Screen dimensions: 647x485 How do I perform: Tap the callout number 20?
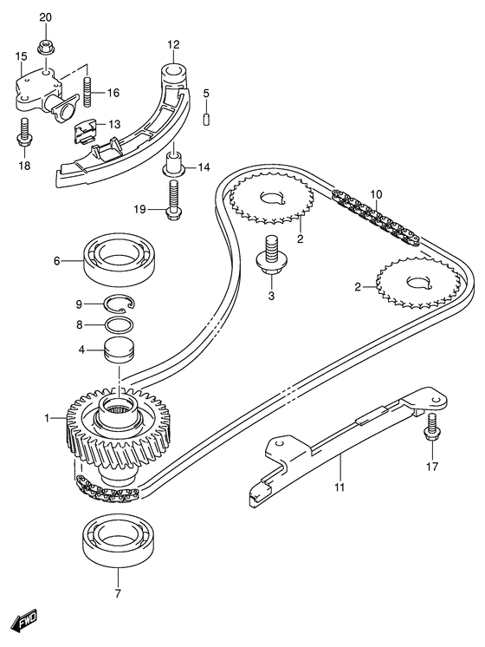[x=46, y=18]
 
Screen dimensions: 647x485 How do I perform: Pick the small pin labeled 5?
[x=207, y=117]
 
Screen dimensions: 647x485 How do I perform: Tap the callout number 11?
[x=340, y=487]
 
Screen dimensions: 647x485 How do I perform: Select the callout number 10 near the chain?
[x=375, y=193]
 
